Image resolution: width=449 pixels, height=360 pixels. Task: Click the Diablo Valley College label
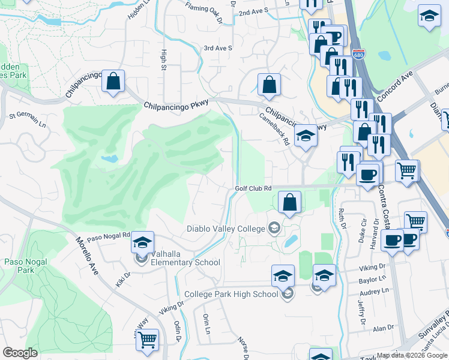pos(226,229)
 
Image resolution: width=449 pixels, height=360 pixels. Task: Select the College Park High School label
pos(231,294)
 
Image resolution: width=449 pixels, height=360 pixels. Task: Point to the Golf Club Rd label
pos(253,188)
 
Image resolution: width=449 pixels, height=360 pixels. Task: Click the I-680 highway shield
pos(358,55)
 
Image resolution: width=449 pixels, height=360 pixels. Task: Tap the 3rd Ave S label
pos(217,48)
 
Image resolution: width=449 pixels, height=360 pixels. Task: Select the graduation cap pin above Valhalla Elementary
pos(143,242)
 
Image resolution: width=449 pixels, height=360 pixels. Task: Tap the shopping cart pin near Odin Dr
pos(147,340)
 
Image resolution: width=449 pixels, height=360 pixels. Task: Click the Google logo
pos(20,353)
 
